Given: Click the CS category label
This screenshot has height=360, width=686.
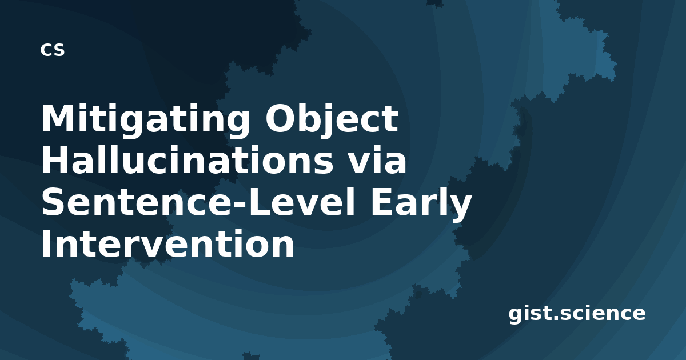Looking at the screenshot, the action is (x=53, y=50).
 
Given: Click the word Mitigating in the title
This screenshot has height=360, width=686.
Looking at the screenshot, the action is (x=145, y=120).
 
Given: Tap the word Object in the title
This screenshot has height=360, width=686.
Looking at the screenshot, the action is (x=332, y=120).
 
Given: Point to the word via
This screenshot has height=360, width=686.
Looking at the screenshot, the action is (x=378, y=160).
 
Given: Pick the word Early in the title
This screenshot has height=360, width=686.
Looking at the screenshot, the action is (x=421, y=203).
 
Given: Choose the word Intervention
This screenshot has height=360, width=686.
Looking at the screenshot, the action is (x=168, y=243).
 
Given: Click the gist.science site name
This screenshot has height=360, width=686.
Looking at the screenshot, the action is (x=577, y=314).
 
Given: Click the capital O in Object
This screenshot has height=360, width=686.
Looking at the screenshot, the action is (x=281, y=118).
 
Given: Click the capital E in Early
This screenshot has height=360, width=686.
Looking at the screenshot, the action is (x=382, y=201).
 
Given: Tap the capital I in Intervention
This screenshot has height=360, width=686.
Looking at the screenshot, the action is (x=46, y=243).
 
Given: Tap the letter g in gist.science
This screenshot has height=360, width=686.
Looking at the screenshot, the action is (x=517, y=317).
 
